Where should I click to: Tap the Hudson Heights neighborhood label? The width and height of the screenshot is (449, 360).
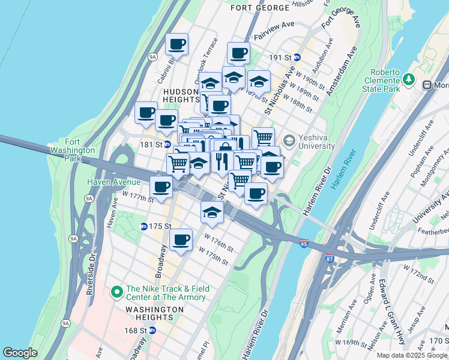181,95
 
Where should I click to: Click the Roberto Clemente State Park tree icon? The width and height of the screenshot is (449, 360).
409,79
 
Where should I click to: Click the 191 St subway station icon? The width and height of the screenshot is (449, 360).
297,58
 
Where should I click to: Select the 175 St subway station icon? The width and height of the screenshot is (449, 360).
144,226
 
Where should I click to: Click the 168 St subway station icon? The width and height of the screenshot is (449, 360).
152,330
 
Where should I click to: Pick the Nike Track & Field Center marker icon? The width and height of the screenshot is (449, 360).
117,292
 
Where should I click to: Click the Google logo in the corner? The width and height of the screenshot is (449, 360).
20,353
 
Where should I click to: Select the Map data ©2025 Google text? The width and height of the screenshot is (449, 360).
412,355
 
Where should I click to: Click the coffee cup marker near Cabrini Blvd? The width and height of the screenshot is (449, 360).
177,44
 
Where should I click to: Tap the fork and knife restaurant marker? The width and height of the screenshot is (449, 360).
222,161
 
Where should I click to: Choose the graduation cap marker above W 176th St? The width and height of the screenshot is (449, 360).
212,212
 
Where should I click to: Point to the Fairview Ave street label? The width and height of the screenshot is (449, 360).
274,36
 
